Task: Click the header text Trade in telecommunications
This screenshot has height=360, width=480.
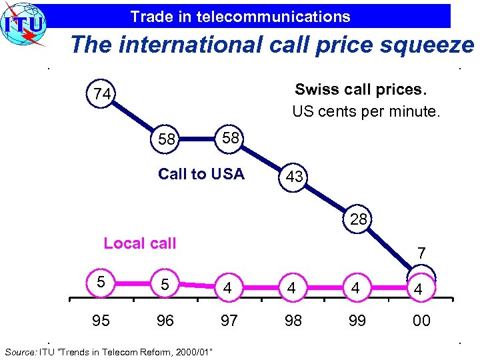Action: (x=240, y=16)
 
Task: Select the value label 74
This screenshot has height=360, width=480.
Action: (x=102, y=95)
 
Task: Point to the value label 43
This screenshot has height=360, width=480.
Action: (x=295, y=177)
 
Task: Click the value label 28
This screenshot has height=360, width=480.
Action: (x=359, y=219)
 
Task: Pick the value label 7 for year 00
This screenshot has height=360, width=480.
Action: (x=421, y=253)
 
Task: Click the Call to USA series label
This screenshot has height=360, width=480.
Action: (x=201, y=174)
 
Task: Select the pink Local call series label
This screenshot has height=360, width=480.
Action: (x=140, y=243)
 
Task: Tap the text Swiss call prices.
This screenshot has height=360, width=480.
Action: (x=361, y=89)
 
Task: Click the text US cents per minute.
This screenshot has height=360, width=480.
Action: (x=366, y=111)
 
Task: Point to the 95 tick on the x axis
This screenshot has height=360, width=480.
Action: (x=101, y=321)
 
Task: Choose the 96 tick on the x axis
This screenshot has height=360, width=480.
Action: (x=165, y=321)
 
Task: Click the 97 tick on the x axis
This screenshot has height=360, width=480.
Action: (x=229, y=321)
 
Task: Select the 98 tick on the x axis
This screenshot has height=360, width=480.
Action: (x=293, y=321)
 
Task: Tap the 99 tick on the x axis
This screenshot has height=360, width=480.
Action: (x=357, y=321)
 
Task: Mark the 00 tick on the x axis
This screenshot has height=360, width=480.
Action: (x=421, y=321)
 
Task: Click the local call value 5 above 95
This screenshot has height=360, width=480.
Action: (x=100, y=282)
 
